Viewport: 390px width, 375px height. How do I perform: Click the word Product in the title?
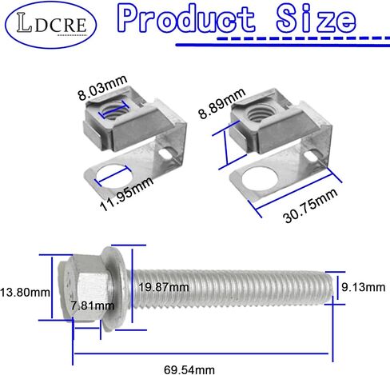[x=186, y=19]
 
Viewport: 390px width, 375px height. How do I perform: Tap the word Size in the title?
[x=316, y=18]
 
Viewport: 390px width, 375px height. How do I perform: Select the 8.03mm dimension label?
[x=102, y=88]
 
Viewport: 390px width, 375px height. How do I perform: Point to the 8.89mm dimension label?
[x=221, y=103]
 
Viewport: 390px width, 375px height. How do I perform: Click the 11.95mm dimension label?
[x=127, y=193]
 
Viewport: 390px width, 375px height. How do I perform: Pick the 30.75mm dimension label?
[x=311, y=205]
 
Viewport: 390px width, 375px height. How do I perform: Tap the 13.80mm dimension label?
[x=25, y=293]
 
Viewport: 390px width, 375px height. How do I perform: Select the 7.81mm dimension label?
[x=93, y=305]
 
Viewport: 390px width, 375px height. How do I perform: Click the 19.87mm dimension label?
[x=164, y=287]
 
